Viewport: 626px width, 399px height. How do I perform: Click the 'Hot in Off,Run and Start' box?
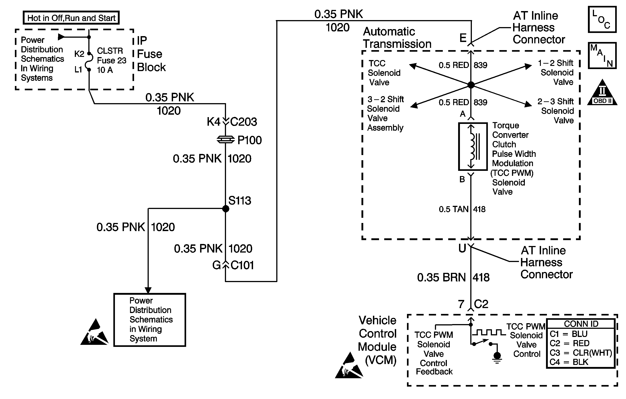pyautogui.click(x=71, y=18)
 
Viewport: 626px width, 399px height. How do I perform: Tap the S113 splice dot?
pyautogui.click(x=226, y=209)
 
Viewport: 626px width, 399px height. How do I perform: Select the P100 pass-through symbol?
pyautogui.click(x=225, y=140)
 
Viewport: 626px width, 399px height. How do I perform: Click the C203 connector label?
pyautogui.click(x=243, y=122)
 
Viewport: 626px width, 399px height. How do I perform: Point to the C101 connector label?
pyautogui.click(x=242, y=265)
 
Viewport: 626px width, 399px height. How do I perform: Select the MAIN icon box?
pyautogui.click(x=602, y=56)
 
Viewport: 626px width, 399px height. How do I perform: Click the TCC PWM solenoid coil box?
pyautogui.click(x=473, y=146)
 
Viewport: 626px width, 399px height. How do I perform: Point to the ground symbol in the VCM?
pyautogui.click(x=497, y=357)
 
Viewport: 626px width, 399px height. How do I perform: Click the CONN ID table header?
pyautogui.click(x=581, y=324)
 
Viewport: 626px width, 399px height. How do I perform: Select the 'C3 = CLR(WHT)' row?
pyautogui.click(x=581, y=353)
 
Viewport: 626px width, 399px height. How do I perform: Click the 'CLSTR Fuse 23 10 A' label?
pyautogui.click(x=111, y=60)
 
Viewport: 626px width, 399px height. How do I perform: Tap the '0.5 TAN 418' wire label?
pyautogui.click(x=462, y=209)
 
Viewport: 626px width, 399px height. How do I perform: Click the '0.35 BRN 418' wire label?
pyautogui.click(x=453, y=277)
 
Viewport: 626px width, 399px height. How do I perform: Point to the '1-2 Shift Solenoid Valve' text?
pyautogui.click(x=556, y=72)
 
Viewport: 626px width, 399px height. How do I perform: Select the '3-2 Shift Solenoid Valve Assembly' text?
pyautogui.click(x=385, y=114)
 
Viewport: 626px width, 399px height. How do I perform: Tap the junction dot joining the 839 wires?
pyautogui.click(x=471, y=85)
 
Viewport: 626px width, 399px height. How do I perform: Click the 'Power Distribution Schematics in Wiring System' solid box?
pyautogui.click(x=150, y=320)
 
